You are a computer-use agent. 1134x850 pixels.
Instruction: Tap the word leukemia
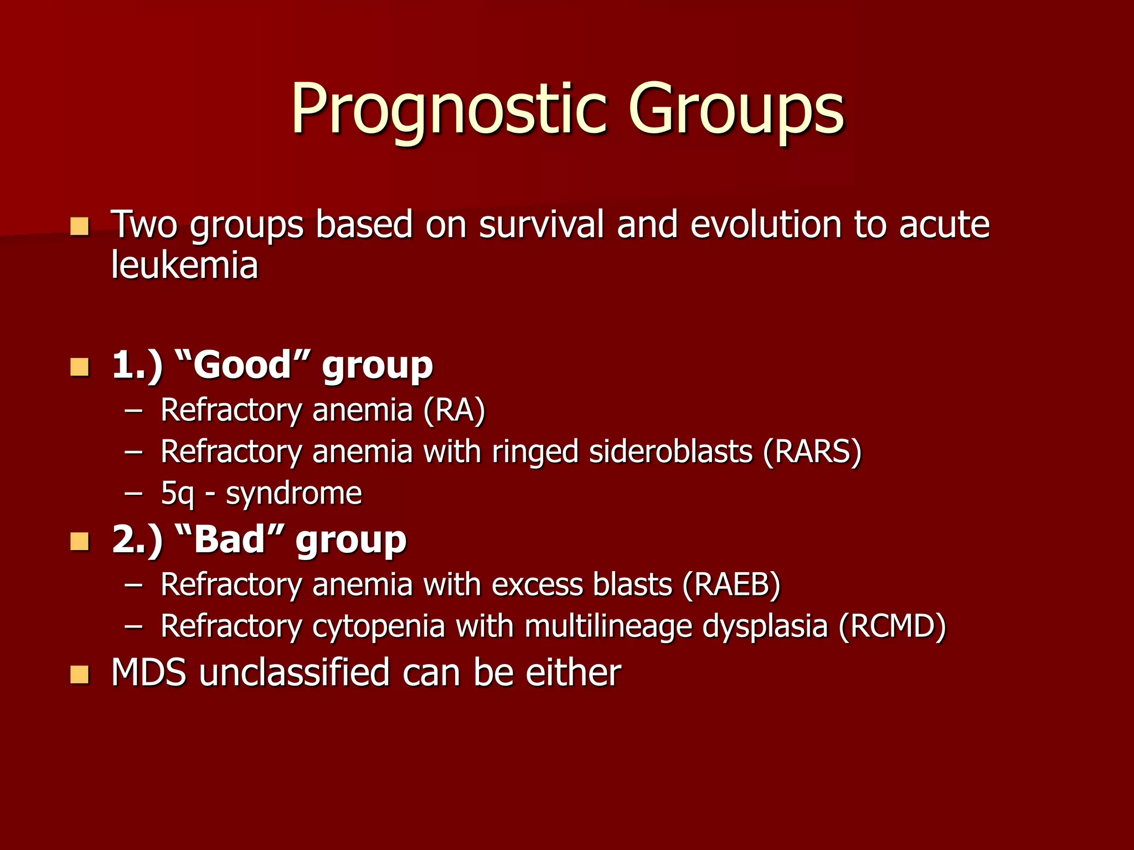[184, 265]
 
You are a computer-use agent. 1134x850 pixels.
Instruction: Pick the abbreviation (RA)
[454, 410]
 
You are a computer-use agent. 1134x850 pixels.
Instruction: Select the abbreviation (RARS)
[812, 452]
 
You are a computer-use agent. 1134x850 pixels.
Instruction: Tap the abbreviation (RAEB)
[731, 584]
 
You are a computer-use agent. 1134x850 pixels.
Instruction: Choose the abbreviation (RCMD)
[892, 626]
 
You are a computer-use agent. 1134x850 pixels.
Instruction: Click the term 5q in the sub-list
[177, 494]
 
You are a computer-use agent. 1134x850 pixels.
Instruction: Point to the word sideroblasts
[671, 452]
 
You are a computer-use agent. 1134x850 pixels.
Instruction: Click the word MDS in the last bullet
[148, 672]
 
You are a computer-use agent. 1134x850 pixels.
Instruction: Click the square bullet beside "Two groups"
[80, 226]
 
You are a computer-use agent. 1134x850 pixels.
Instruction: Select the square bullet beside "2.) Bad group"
[80, 541]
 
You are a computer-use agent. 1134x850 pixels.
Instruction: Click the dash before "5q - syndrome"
[133, 494]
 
